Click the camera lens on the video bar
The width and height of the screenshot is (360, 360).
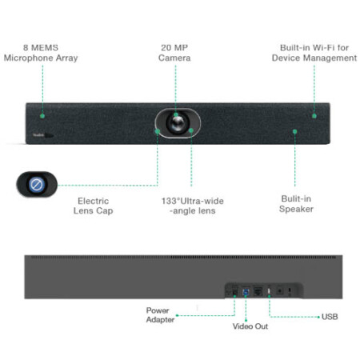177,123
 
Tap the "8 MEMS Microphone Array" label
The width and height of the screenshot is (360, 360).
41,53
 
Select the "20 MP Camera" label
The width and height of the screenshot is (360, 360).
174,53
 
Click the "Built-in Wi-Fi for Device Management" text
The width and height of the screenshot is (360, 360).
314,53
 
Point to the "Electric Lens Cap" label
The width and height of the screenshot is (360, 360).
93,206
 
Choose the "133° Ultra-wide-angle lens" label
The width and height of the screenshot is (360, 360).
193,206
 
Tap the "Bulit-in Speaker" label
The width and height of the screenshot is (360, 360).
296,204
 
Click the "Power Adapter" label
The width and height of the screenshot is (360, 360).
160,315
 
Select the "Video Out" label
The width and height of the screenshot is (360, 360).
250,326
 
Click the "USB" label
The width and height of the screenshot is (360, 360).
330,317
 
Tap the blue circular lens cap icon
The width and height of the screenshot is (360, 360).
37,185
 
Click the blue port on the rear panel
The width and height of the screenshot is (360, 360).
246,291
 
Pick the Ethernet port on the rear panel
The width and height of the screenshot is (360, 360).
258,291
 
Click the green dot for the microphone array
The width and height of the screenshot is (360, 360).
42,116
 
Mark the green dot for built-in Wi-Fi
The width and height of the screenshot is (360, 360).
314,116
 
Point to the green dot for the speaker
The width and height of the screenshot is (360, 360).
294,131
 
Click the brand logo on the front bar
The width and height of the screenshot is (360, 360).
38,135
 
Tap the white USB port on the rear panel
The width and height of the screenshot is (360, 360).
269,291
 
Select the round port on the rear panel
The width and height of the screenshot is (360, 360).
279,290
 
